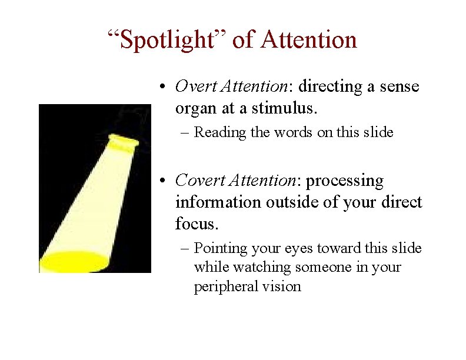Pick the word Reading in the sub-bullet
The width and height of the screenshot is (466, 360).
click(x=221, y=132)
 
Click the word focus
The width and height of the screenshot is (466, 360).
click(x=195, y=224)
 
